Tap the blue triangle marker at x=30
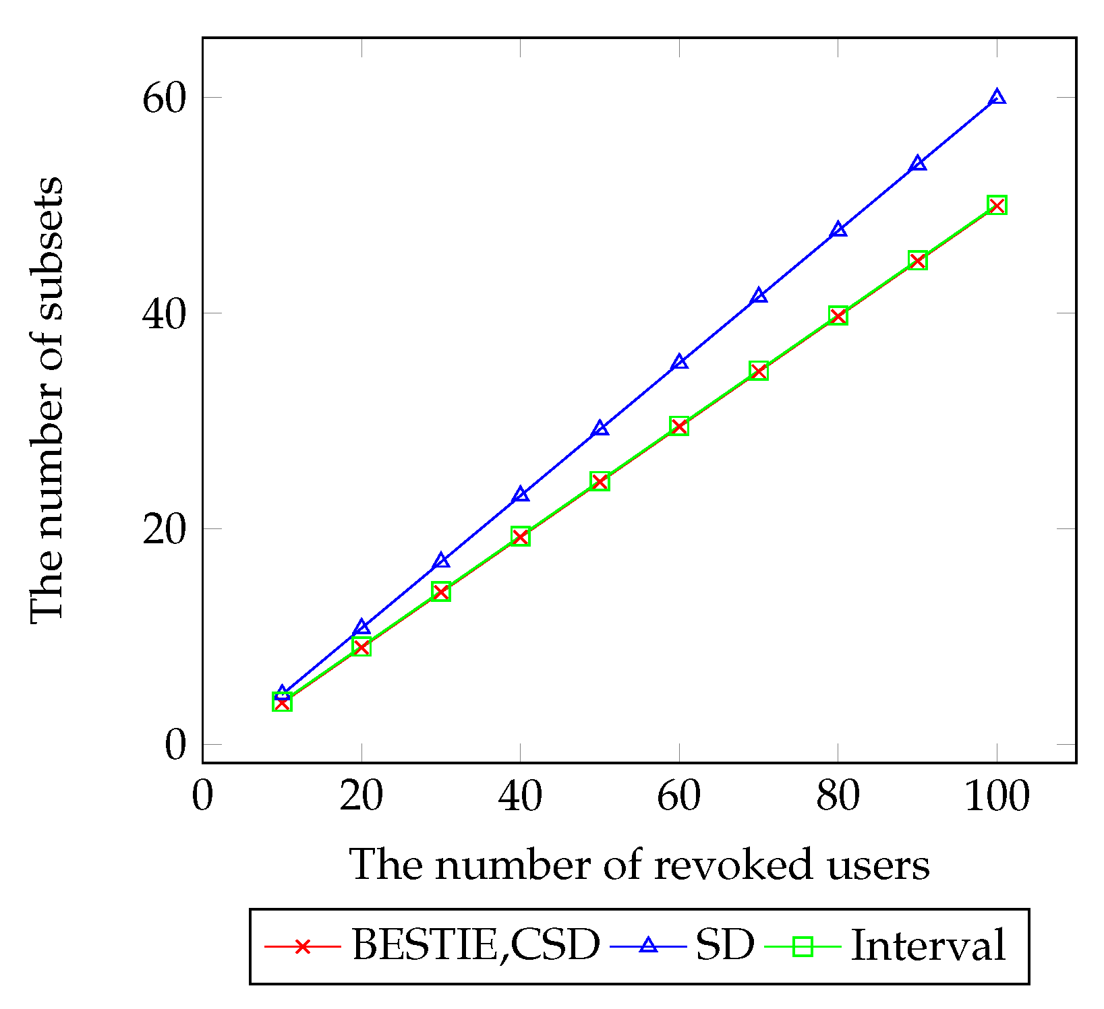441,561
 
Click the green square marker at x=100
997,205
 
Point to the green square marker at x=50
600,481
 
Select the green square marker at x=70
759,371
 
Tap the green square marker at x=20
361,647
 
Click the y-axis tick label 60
164,98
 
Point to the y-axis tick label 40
164,314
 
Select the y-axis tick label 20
164,530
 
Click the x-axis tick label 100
997,797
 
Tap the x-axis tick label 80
838,797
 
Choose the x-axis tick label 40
520,797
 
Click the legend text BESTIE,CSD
475,945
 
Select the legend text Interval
928,945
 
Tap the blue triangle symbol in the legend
648,946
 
